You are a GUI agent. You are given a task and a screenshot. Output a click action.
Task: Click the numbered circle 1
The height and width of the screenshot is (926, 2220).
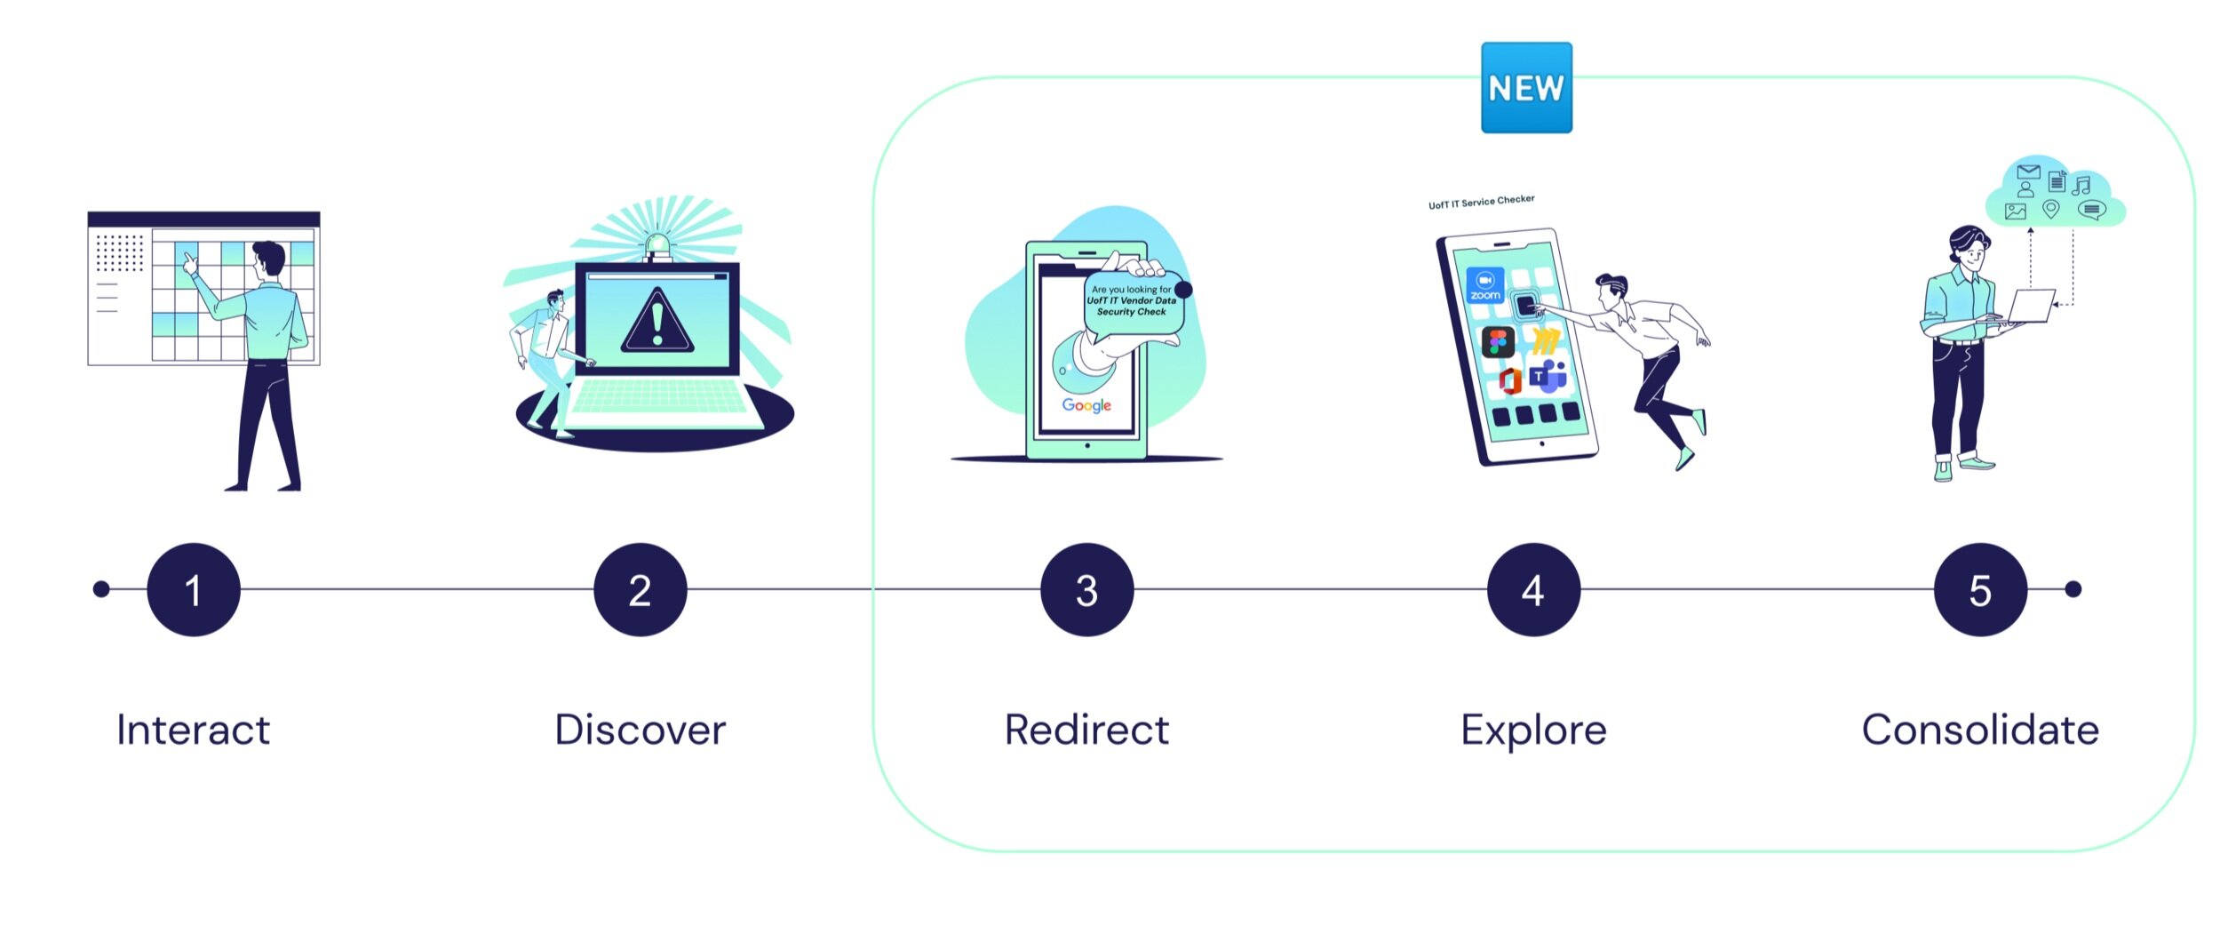(194, 589)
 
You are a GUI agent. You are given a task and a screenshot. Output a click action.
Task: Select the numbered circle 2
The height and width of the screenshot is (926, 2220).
(640, 589)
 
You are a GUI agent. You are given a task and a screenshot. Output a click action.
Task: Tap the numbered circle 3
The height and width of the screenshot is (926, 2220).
(1086, 589)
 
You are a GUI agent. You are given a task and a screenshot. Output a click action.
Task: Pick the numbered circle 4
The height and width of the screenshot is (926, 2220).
(1533, 589)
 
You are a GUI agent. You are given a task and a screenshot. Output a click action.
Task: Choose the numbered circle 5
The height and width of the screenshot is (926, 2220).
(1980, 589)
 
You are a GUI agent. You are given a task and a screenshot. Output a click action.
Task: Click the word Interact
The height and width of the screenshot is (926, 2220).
(193, 730)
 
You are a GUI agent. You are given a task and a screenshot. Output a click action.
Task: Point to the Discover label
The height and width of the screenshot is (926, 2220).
(640, 730)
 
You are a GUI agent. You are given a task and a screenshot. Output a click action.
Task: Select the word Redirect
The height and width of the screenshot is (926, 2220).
(1086, 730)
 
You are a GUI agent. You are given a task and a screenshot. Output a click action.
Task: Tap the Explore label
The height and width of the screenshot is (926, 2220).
(1533, 730)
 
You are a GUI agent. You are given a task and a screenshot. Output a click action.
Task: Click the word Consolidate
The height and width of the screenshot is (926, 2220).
(1980, 730)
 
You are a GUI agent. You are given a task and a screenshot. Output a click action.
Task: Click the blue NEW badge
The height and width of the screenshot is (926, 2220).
(1526, 88)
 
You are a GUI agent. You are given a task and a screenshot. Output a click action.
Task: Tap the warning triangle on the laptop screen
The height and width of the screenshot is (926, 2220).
(656, 322)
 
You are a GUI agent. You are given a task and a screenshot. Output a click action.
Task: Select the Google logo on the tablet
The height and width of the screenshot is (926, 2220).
(1086, 405)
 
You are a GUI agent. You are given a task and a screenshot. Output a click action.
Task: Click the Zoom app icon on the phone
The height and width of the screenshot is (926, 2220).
(1484, 285)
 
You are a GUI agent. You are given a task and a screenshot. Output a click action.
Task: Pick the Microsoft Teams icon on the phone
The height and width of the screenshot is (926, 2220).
(1548, 376)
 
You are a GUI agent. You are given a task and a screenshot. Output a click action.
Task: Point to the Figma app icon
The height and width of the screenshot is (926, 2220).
(1498, 341)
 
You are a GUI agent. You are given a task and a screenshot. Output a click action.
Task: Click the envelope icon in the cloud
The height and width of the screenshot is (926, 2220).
(2028, 172)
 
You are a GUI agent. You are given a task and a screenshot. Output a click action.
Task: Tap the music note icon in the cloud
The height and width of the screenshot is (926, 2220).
(2081, 185)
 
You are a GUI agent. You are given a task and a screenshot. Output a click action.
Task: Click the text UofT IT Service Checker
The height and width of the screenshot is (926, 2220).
(1481, 202)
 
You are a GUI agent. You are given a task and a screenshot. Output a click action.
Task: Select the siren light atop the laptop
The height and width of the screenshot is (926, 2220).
(657, 243)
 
